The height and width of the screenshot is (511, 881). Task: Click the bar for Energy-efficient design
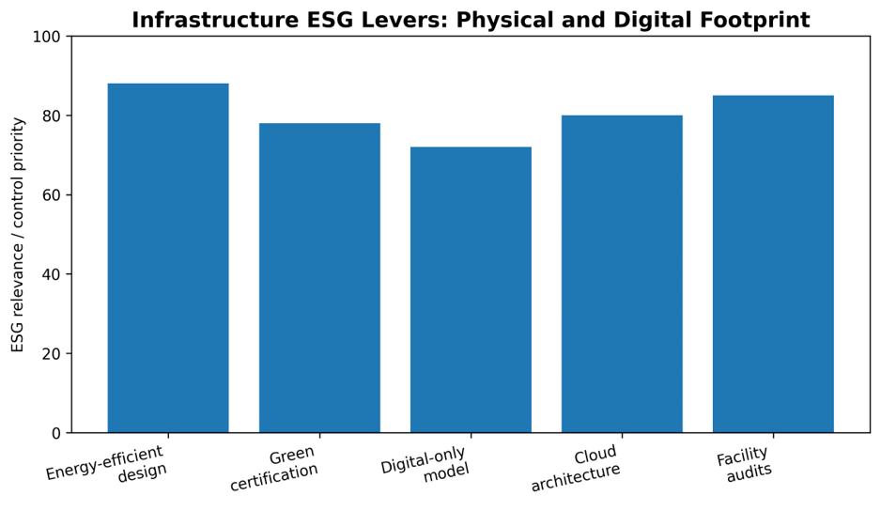168,258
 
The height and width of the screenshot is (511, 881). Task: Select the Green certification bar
319,278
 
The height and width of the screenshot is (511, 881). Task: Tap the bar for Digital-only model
471,290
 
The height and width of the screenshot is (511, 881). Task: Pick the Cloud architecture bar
622,273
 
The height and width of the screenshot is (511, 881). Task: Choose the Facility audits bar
773,264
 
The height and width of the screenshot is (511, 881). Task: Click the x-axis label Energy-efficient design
106,463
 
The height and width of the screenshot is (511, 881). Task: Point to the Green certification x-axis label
274,469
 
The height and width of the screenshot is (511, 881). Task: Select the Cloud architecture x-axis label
575,469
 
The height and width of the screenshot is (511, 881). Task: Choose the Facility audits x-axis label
745,464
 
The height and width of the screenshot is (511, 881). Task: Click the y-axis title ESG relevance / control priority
18,235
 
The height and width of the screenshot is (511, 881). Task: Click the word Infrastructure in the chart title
215,21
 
